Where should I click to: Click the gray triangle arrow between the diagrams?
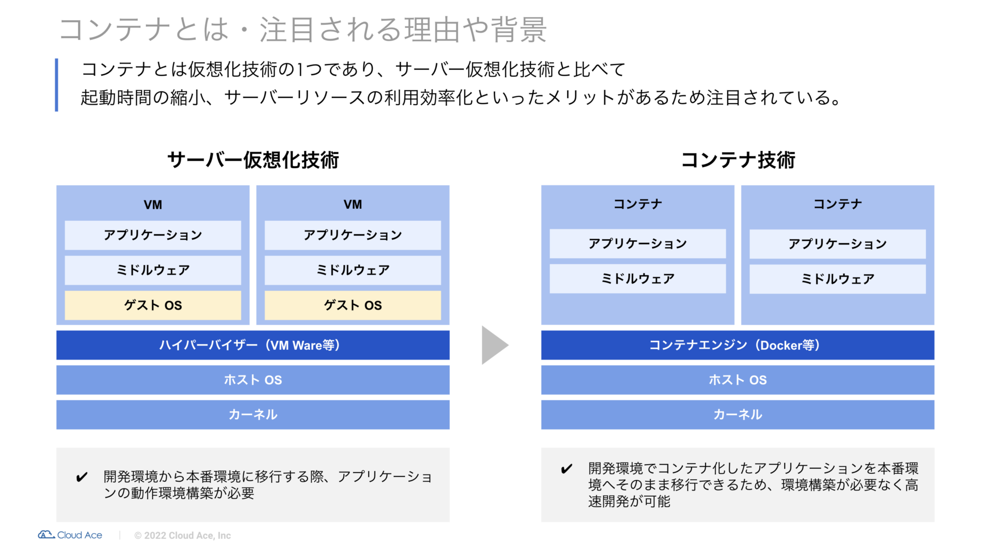(x=494, y=345)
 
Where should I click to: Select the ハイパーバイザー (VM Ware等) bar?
(x=253, y=345)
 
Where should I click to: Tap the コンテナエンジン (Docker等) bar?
(x=738, y=345)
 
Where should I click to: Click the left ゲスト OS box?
(x=153, y=305)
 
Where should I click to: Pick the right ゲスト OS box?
(x=353, y=305)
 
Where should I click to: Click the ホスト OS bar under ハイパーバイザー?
(x=253, y=380)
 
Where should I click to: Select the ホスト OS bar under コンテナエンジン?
(x=738, y=380)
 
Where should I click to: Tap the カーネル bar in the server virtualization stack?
(x=253, y=415)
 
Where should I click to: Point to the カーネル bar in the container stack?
(x=738, y=415)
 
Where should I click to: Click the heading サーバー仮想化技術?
(x=253, y=160)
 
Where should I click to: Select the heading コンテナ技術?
(x=738, y=160)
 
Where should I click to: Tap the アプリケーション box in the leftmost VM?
(x=153, y=235)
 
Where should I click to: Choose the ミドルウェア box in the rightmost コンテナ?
(x=838, y=279)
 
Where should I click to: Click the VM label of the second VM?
(x=353, y=205)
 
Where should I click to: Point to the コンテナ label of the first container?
(x=638, y=204)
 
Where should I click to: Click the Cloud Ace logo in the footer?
(x=70, y=535)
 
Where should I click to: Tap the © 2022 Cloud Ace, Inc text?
(x=183, y=535)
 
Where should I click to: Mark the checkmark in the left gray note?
(x=82, y=477)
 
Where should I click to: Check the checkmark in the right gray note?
(x=566, y=469)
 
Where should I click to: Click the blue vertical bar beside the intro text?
(x=56, y=85)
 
